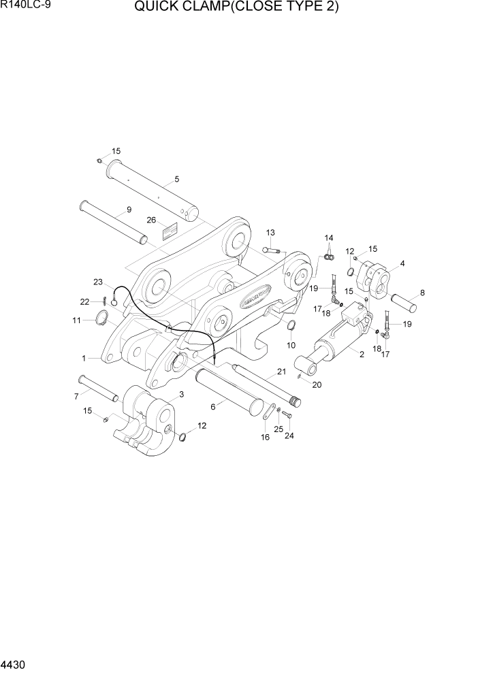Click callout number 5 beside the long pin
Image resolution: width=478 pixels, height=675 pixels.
coord(176,180)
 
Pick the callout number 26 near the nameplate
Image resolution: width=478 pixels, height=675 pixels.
coord(151,220)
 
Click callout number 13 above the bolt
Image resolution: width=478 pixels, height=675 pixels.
coord(270,233)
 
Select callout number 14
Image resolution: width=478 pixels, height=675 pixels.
coord(329,238)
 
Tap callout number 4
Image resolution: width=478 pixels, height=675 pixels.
coord(402,263)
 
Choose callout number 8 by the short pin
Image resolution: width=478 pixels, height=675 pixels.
coord(422,293)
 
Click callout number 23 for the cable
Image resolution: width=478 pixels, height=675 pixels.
coord(97,282)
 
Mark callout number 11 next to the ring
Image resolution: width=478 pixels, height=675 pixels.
coord(77,320)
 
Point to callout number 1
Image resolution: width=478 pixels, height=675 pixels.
coord(84,357)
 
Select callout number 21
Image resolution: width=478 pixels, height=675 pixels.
coord(280,373)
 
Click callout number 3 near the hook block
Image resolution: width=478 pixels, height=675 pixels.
coord(181,395)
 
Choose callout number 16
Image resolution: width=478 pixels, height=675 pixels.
coord(265,437)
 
